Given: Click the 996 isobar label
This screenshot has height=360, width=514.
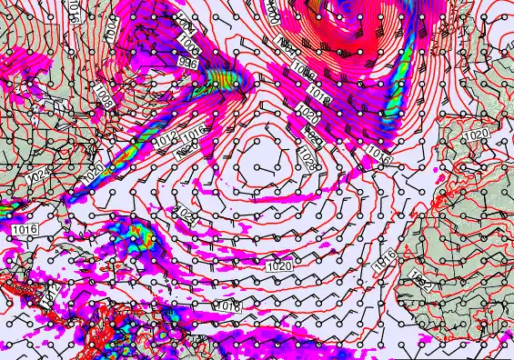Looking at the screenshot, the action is [x=187, y=62].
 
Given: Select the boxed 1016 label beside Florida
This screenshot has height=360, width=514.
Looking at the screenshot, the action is [x=25, y=230].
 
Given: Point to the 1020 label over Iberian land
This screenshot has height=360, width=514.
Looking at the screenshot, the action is [x=474, y=135].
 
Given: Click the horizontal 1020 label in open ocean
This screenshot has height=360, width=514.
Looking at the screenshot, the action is [x=280, y=266].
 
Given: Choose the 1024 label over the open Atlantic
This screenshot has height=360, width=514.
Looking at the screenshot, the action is [x=186, y=215].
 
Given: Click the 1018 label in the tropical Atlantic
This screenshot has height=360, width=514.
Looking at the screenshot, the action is [x=229, y=307].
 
